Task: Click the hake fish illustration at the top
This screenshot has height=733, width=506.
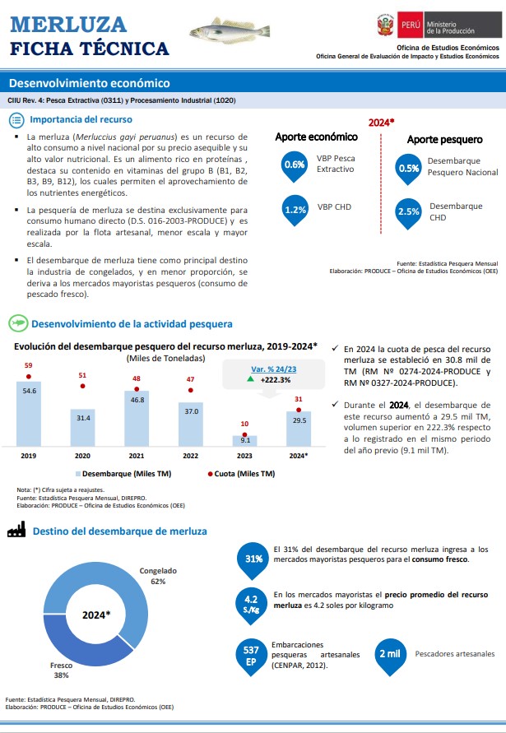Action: click(x=230, y=31)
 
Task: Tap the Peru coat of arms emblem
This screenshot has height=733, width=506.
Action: click(x=385, y=25)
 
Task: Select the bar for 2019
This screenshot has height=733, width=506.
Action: click(x=29, y=414)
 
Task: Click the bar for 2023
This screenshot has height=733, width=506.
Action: click(x=244, y=441)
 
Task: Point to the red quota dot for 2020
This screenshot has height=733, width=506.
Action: click(x=83, y=386)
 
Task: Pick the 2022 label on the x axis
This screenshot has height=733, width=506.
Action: click(x=190, y=456)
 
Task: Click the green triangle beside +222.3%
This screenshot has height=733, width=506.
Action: click(x=251, y=379)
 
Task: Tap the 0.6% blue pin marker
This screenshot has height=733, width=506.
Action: click(x=295, y=166)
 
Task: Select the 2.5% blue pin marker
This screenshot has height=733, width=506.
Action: click(x=408, y=214)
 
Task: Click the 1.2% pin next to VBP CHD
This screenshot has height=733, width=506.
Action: click(x=295, y=211)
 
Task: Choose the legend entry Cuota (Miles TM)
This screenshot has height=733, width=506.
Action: click(x=241, y=474)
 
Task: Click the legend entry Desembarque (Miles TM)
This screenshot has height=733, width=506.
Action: click(x=123, y=474)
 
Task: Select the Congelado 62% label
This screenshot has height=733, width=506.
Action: click(x=158, y=576)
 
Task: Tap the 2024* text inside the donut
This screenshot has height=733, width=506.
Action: click(x=96, y=615)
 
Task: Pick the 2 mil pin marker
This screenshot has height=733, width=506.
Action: click(x=390, y=656)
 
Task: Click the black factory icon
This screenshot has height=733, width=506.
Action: click(x=16, y=530)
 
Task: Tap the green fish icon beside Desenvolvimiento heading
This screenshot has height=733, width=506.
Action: click(x=18, y=323)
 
